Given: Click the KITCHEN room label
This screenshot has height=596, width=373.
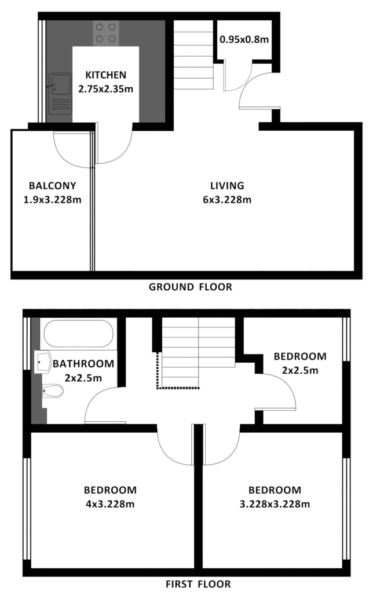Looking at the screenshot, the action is [x=106, y=75].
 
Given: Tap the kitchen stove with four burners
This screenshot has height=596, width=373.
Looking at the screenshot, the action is [x=106, y=33].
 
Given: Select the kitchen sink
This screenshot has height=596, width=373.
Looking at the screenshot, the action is [x=60, y=94].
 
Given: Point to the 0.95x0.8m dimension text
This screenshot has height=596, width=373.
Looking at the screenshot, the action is [x=244, y=39].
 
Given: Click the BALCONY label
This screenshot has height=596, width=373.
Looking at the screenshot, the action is [x=53, y=186].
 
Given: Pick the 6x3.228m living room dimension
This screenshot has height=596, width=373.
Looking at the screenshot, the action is [x=227, y=200].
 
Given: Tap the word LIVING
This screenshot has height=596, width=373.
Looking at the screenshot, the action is [x=227, y=186].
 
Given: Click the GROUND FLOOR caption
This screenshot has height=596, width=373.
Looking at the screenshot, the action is [x=191, y=287].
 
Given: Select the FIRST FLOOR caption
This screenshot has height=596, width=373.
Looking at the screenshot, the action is [x=198, y=584].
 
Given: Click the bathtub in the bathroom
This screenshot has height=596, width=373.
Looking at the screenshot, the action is [x=79, y=333].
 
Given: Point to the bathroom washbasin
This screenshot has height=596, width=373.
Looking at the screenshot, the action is [x=43, y=362].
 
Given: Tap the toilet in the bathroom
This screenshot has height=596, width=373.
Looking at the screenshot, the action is [x=53, y=391].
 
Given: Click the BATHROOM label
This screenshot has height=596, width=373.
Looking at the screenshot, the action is [x=83, y=364].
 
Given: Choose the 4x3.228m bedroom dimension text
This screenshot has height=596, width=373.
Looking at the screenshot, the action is [x=110, y=504].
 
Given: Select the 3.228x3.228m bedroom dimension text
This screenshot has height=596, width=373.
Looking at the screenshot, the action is [x=275, y=504].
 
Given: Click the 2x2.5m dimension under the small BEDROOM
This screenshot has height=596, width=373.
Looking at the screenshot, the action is [x=300, y=370].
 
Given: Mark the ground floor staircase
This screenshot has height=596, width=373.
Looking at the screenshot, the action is [x=193, y=55].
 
